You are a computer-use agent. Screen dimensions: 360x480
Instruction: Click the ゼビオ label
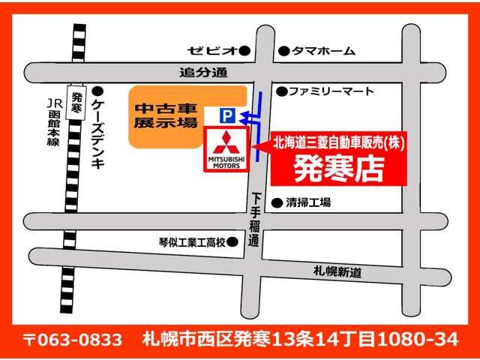[x=212, y=51]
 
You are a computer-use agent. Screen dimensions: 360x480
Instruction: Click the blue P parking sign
[x=226, y=115]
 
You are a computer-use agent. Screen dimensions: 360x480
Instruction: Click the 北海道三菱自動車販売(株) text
[x=338, y=141]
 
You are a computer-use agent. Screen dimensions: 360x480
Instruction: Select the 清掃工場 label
[x=310, y=202]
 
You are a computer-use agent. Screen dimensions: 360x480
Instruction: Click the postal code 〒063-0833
[x=73, y=339]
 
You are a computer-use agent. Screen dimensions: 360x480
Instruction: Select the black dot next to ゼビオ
[x=244, y=51]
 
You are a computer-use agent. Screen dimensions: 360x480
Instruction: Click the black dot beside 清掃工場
[x=277, y=202]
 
